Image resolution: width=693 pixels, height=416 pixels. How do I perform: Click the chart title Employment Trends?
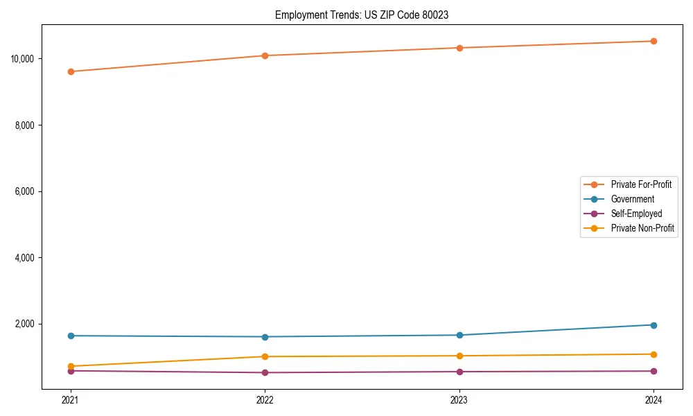click(361, 15)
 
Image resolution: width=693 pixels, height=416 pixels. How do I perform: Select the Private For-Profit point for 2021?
click(70, 71)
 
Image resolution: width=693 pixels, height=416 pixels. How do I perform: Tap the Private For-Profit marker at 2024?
click(653, 41)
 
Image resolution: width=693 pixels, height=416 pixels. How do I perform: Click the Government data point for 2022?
click(265, 337)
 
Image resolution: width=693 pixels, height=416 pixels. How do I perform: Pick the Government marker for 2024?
click(653, 324)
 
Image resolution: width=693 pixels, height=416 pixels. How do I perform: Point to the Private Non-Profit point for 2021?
click(70, 366)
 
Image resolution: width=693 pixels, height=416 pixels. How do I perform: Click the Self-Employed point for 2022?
click(265, 372)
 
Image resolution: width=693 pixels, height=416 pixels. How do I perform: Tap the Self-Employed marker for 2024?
click(653, 371)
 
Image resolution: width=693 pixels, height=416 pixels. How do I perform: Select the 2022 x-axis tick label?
click(265, 400)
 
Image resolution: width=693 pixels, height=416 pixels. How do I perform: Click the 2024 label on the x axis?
click(653, 400)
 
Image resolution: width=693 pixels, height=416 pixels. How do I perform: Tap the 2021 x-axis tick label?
click(70, 400)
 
